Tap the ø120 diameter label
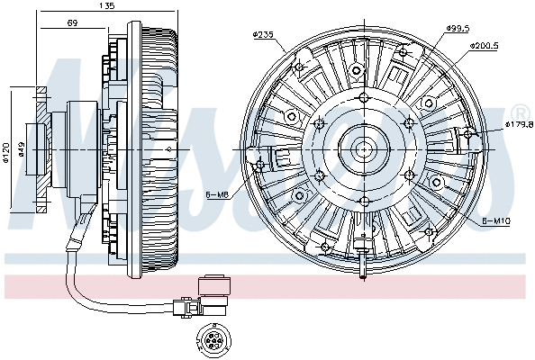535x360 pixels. [x=5, y=153]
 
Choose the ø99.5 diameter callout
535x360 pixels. [x=458, y=30]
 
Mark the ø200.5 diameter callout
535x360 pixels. [x=485, y=44]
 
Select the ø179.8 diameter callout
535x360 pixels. [x=520, y=124]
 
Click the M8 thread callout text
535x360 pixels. [x=221, y=194]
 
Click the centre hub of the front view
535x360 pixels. [x=363, y=149]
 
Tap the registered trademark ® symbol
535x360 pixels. [x=521, y=112]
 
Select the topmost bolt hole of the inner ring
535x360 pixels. [x=363, y=98]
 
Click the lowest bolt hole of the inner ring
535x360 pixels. [x=363, y=202]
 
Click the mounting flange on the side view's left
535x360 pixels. [x=41, y=149]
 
